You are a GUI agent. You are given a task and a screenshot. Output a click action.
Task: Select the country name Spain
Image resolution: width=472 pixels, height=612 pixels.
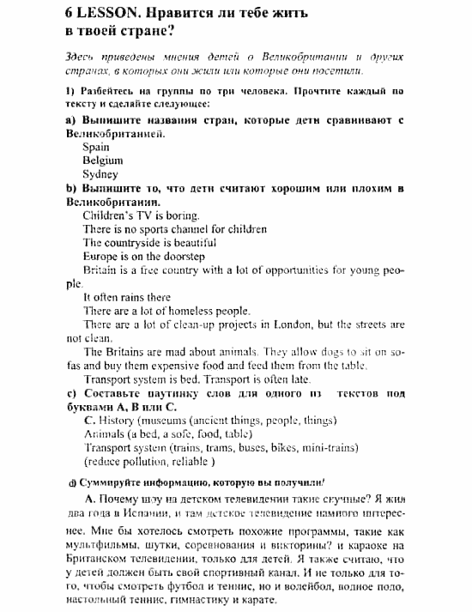[96, 147]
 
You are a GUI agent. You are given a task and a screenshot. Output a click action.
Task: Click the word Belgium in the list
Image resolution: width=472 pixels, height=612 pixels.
[103, 161]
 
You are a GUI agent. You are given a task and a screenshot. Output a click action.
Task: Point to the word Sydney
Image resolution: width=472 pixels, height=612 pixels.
[100, 174]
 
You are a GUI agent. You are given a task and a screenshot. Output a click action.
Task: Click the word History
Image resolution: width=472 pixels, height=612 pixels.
[118, 421]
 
